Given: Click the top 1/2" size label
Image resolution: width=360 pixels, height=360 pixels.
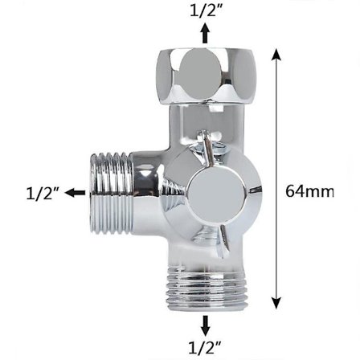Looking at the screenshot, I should (x=206, y=10).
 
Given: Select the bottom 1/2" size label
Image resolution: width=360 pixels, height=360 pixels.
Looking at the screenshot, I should (x=206, y=347).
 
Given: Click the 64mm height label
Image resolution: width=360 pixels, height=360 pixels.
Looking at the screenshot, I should (x=309, y=191).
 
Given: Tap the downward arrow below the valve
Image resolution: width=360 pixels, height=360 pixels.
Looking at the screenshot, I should (x=206, y=325).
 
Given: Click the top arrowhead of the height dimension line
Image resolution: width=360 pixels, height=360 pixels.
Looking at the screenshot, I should (x=276, y=53).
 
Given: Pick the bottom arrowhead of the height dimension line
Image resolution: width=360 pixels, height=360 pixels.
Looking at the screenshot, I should (x=276, y=304).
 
